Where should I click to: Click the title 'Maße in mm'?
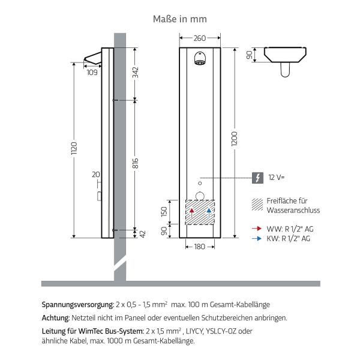[x=180, y=19]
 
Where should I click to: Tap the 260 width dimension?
[x=200, y=38]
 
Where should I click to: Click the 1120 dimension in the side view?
[x=74, y=149]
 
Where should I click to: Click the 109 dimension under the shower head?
[x=92, y=73]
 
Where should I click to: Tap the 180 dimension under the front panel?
[x=200, y=247]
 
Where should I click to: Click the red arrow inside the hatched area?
[x=191, y=211]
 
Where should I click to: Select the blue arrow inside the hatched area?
[x=208, y=211]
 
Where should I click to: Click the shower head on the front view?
[x=200, y=59]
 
